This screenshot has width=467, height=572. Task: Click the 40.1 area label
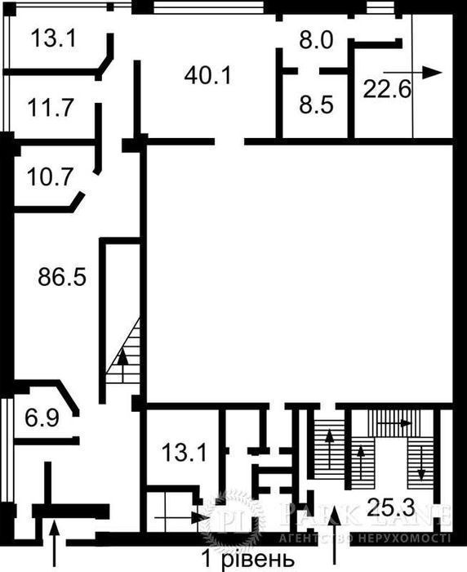[208, 77]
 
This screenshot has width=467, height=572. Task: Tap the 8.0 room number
[316, 40]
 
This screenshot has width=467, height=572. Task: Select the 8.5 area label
[316, 105]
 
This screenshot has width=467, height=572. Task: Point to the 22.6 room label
[387, 90]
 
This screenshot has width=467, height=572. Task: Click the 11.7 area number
[51, 108]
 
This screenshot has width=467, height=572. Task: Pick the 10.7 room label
[50, 177]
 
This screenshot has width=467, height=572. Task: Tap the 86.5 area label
[62, 276]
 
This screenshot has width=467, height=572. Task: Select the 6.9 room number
[42, 418]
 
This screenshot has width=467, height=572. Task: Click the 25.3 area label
[390, 507]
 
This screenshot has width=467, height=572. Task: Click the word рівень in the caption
[256, 560]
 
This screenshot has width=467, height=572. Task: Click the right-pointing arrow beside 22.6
[412, 73]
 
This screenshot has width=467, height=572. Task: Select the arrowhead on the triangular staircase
[122, 356]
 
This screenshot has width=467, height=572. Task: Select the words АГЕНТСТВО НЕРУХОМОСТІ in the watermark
[365, 538]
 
